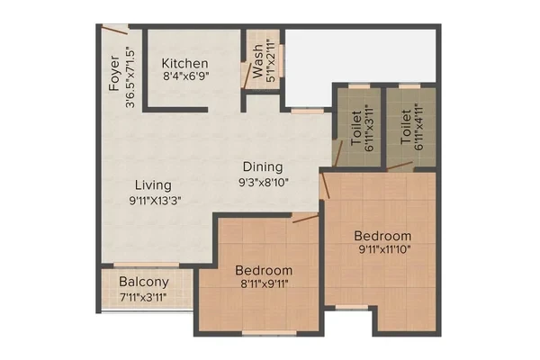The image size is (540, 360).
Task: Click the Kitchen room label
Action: (x=184, y=63)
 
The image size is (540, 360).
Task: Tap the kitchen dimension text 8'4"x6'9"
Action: (x=186, y=76)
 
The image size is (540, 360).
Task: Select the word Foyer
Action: (x=114, y=73)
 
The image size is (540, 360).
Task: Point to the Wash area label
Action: (x=257, y=61)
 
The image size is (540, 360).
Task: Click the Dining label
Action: (x=263, y=167)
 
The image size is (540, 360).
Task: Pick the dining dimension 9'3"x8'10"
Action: (x=264, y=182)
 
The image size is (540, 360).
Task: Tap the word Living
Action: (x=153, y=185)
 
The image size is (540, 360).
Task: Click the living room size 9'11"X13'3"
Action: (x=155, y=201)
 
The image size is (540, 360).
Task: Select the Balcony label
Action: (x=144, y=282)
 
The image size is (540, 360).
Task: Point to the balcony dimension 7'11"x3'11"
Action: (x=143, y=297)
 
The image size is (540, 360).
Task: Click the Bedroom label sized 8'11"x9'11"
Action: (x=264, y=270)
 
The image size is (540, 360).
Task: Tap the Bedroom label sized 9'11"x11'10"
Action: (x=382, y=236)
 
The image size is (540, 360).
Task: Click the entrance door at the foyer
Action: (x=115, y=30)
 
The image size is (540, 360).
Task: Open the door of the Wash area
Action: (x=247, y=76)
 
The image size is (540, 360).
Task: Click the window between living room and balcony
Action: (x=147, y=265)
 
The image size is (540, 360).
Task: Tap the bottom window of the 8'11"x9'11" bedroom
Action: (x=269, y=333)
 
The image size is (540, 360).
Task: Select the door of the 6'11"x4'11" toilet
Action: (x=399, y=166)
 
